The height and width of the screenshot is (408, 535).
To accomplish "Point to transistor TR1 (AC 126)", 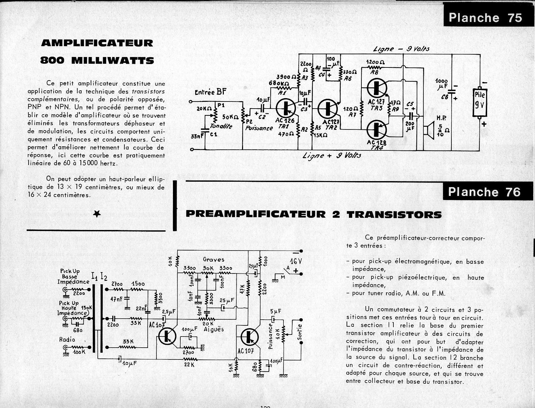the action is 286,107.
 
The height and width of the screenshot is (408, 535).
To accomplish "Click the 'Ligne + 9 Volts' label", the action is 332,155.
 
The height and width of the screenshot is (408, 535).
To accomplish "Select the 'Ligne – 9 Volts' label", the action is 401,49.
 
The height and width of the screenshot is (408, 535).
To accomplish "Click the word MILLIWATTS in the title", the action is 113,61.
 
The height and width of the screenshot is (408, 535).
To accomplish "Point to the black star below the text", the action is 97,213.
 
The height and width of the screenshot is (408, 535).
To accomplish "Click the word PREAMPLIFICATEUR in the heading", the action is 256,214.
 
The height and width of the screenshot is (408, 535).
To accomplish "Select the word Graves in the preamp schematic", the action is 214,259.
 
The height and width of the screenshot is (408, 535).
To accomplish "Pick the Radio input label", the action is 67,339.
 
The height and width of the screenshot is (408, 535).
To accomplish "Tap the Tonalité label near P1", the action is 221,126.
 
